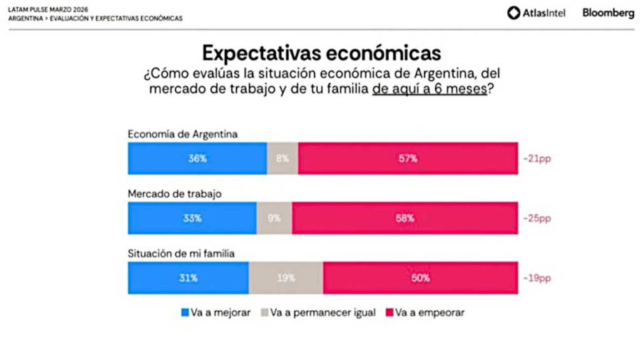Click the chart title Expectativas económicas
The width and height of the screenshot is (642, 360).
[x=321, y=53]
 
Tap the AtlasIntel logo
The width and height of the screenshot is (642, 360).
[x=536, y=13]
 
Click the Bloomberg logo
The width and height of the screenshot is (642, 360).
[x=608, y=13]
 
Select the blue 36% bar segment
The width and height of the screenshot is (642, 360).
[x=198, y=158]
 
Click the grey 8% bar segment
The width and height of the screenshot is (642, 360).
[x=282, y=158]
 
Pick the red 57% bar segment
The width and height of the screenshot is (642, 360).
[x=408, y=158]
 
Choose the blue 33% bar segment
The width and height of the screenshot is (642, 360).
[x=192, y=218]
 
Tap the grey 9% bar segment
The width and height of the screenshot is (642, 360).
[x=274, y=218]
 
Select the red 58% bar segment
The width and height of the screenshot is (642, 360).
[x=404, y=218]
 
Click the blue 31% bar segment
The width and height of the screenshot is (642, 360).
[x=188, y=278]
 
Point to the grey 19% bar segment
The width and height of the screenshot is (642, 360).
[x=286, y=278]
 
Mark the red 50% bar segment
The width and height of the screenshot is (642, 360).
[x=420, y=278]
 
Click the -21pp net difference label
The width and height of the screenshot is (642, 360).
[x=537, y=158]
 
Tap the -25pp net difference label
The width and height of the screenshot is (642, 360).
[x=537, y=218]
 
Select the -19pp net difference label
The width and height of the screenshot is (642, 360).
[x=537, y=278]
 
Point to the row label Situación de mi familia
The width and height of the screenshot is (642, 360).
[x=181, y=253]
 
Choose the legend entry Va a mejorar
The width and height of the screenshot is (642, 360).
[x=215, y=313]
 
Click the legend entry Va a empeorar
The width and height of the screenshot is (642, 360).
[x=425, y=313]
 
